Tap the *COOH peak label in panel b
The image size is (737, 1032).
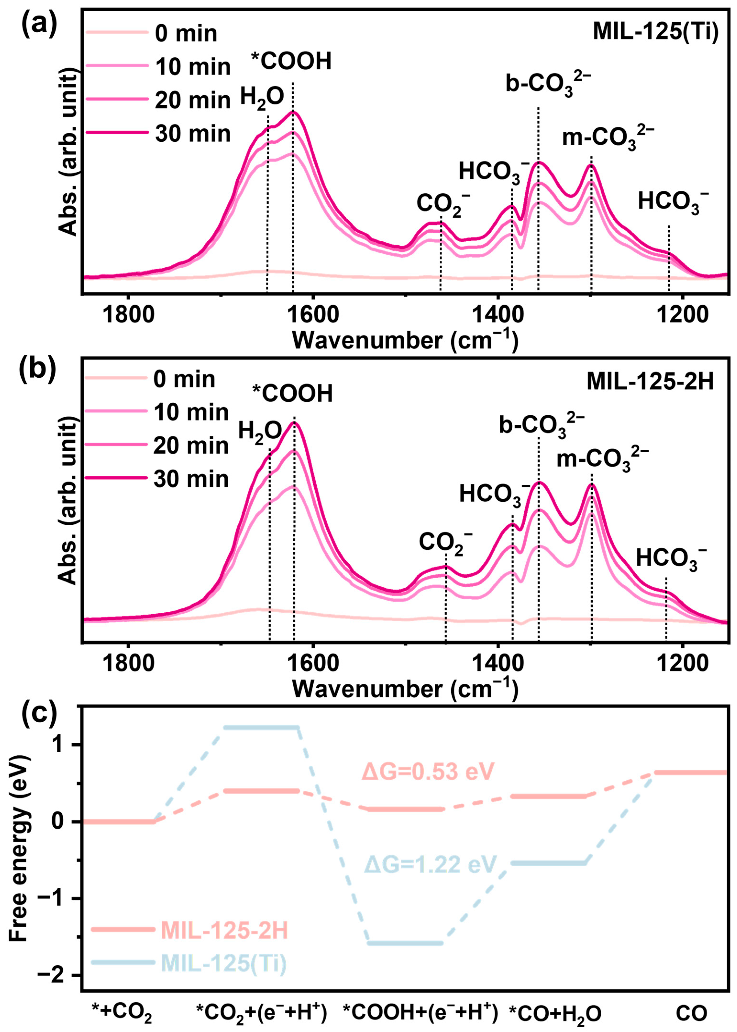coord(293,393)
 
